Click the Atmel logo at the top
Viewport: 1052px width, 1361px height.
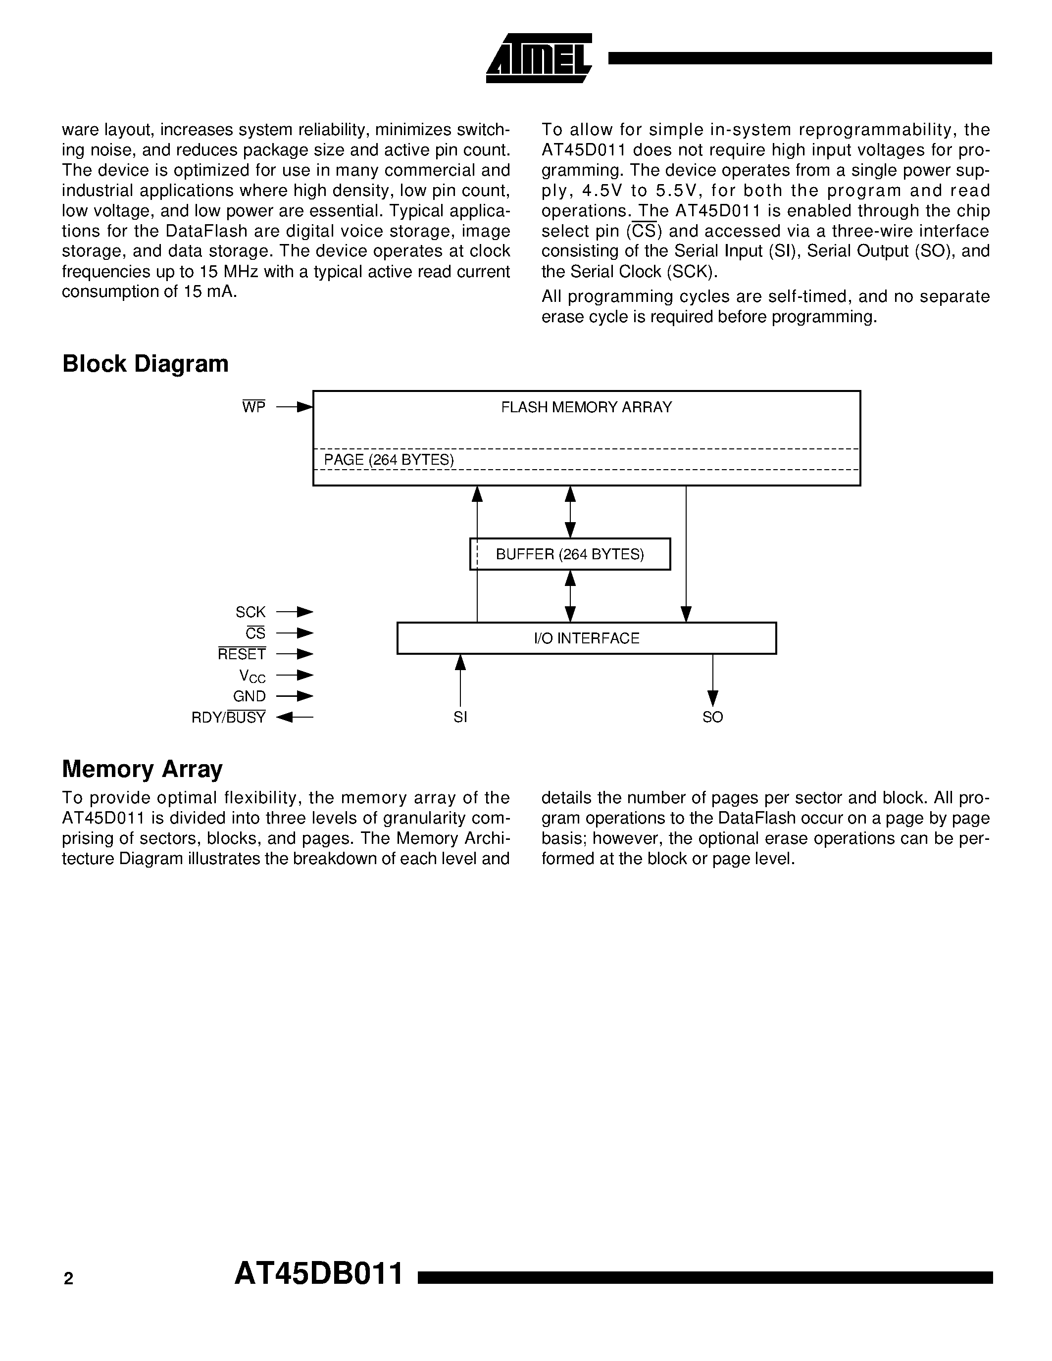point(539,58)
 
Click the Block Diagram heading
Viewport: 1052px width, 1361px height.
point(145,364)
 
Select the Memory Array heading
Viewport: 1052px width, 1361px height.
point(142,769)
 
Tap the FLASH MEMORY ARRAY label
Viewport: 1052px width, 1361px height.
point(587,407)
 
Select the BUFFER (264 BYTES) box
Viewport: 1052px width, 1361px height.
point(570,554)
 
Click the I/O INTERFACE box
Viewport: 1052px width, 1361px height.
point(587,638)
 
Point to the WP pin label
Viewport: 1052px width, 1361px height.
point(253,407)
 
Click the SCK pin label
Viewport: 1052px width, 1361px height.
point(250,612)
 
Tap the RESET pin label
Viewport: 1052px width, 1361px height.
point(242,654)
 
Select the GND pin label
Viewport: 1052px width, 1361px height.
point(250,696)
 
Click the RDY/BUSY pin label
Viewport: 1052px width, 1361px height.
point(229,717)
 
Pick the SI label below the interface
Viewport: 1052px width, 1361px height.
point(460,717)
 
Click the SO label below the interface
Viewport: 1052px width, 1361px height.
point(712,717)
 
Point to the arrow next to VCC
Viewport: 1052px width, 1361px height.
point(295,675)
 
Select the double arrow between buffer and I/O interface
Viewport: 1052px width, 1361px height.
point(570,596)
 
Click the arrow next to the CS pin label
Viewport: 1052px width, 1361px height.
point(295,633)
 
